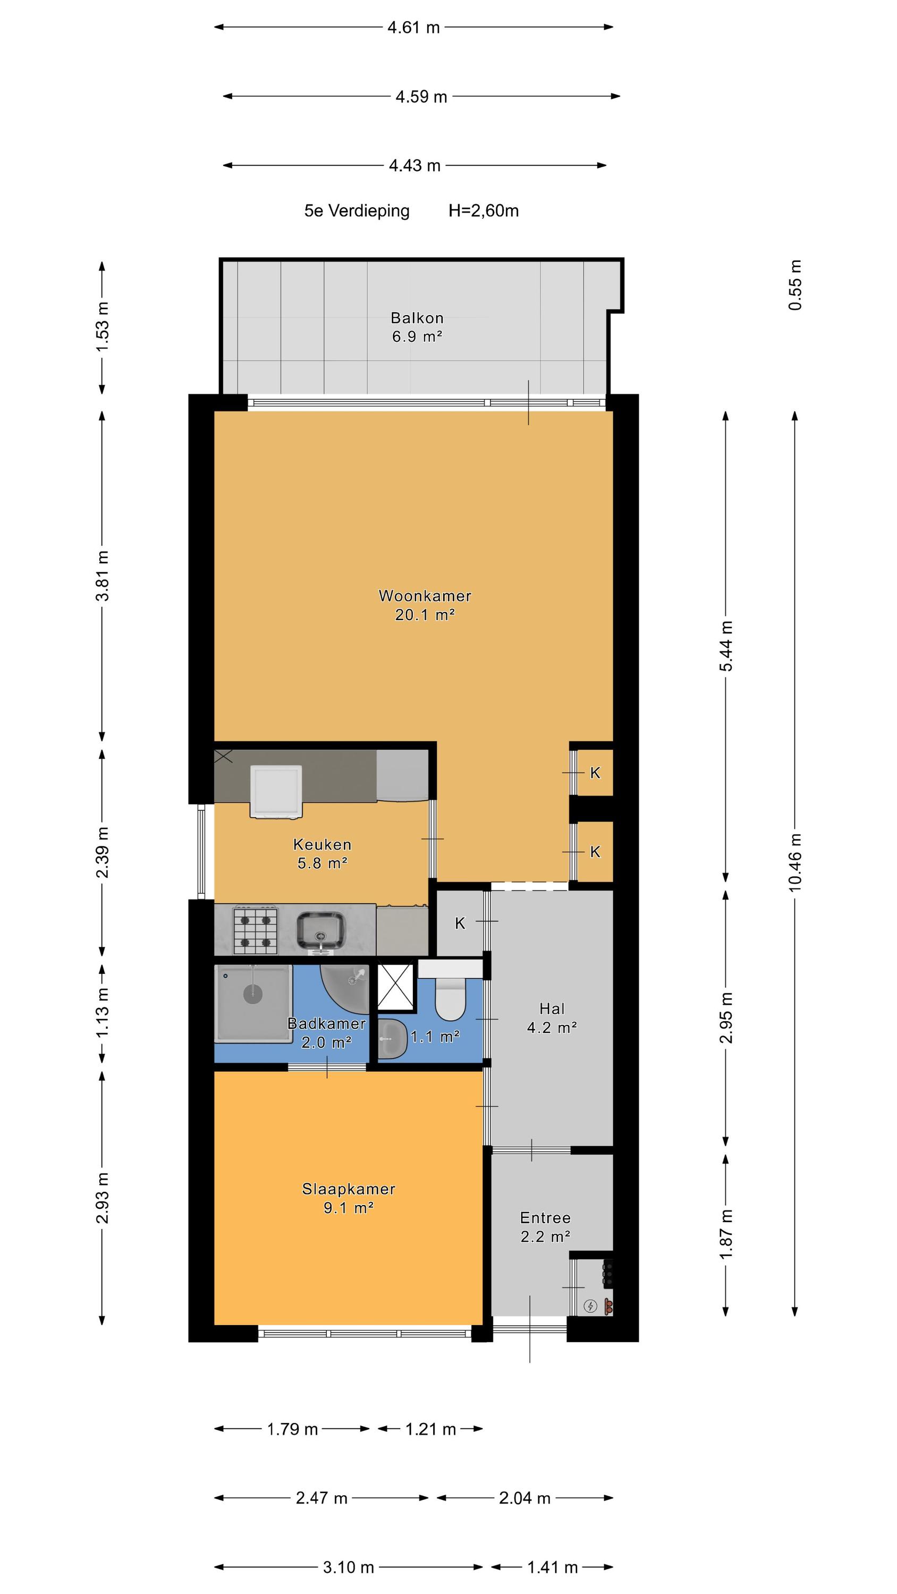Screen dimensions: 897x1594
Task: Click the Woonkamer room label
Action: click(x=425, y=596)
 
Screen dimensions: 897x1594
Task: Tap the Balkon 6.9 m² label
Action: click(x=417, y=327)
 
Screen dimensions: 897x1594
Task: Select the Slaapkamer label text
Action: click(x=349, y=1189)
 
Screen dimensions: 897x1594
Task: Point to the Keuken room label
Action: click(x=322, y=845)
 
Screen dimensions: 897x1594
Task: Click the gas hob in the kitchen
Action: click(x=255, y=929)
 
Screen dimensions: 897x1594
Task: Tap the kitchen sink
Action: click(x=320, y=930)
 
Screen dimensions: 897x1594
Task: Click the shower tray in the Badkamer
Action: click(x=252, y=1003)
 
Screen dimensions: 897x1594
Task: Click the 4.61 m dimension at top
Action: click(x=413, y=27)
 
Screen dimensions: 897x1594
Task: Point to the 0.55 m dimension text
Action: click(x=795, y=285)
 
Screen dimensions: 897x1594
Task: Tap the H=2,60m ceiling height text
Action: click(x=484, y=211)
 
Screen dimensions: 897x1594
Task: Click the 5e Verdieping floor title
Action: click(x=357, y=211)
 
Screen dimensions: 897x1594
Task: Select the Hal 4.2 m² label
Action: click(x=552, y=1018)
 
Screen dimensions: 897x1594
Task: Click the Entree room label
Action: click(x=545, y=1218)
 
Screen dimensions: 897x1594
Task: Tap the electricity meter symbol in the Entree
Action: click(x=590, y=1306)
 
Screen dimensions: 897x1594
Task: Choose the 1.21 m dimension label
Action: click(x=431, y=1429)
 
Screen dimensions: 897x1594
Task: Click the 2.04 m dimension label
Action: click(x=525, y=1498)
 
